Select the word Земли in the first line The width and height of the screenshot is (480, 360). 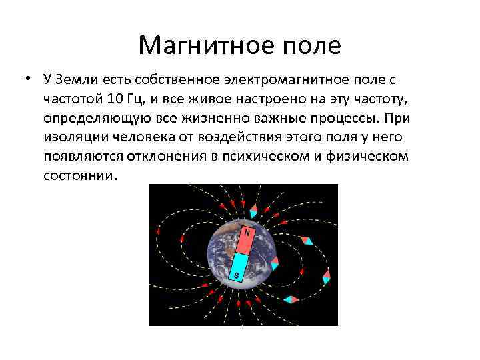pos(77,81)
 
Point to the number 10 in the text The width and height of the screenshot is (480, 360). pos(113,100)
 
